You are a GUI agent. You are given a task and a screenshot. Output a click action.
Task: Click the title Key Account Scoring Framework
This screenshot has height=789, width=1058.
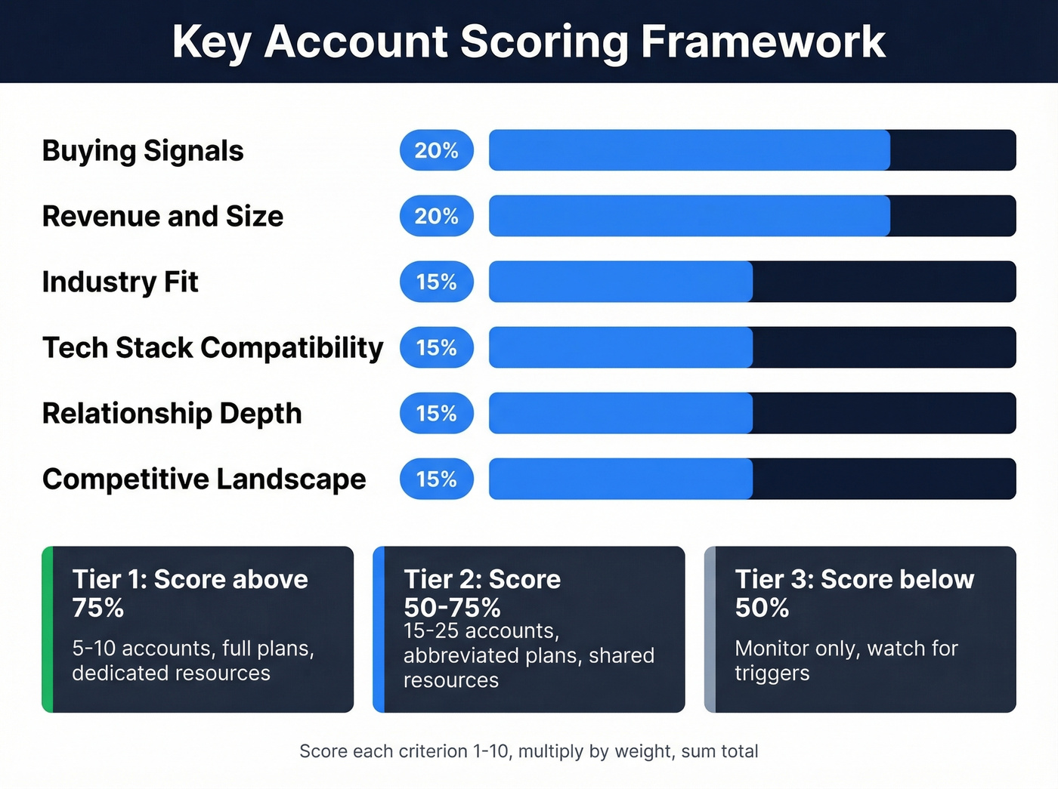(x=528, y=41)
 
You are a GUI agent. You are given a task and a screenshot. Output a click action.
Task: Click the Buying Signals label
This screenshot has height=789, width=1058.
(x=143, y=150)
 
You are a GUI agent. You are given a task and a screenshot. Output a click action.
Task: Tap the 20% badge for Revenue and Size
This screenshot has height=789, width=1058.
(x=436, y=216)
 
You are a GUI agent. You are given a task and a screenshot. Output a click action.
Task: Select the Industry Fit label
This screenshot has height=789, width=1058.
(x=120, y=282)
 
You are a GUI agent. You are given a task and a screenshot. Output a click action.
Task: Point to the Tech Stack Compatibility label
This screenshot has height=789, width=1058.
(x=212, y=347)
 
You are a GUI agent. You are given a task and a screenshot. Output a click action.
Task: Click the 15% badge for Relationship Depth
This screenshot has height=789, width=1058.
(x=436, y=413)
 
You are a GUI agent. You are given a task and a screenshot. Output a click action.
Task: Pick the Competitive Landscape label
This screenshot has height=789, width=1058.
(x=204, y=479)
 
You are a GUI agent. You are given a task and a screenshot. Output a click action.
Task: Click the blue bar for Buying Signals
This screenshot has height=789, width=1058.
(x=688, y=150)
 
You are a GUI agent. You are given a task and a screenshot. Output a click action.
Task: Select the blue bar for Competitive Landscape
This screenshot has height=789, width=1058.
(x=620, y=479)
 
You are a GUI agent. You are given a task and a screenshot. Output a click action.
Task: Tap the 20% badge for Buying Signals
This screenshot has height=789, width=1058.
(x=436, y=150)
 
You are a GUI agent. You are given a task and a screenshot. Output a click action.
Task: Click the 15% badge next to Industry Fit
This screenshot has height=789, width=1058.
(x=436, y=282)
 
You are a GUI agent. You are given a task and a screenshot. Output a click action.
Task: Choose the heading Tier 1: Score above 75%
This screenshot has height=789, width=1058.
(x=190, y=593)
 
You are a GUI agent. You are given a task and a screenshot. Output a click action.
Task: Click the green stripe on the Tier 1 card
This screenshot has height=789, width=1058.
(x=48, y=629)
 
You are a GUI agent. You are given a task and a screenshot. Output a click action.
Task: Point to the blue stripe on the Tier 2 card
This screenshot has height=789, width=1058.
(x=379, y=629)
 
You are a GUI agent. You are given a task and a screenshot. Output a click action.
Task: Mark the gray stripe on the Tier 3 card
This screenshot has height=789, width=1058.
(x=710, y=629)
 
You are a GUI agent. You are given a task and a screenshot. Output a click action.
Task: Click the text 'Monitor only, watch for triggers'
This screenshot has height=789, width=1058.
(x=846, y=661)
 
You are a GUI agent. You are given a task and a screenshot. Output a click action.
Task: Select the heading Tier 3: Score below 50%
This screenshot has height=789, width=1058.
(x=854, y=593)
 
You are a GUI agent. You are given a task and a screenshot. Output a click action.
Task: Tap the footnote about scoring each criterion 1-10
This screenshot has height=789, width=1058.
(x=528, y=751)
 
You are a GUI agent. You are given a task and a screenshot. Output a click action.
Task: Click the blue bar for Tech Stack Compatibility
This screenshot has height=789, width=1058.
(x=620, y=347)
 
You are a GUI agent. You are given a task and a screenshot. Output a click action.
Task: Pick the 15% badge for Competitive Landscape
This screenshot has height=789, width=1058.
(x=436, y=479)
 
